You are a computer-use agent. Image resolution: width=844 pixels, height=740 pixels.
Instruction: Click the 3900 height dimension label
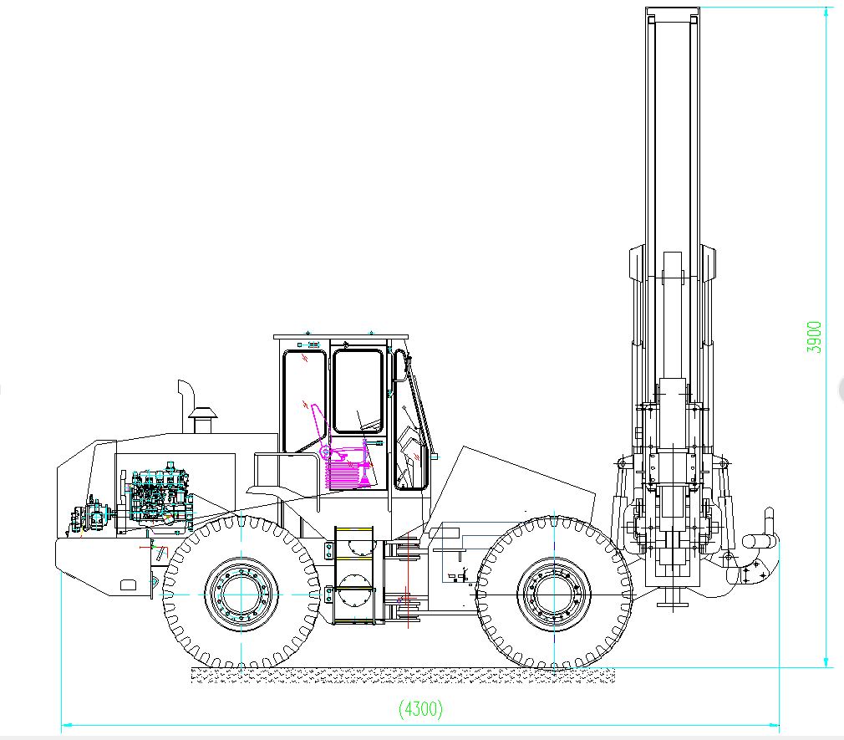[815, 337]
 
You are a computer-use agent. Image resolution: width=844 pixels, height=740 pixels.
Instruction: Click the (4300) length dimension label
[421, 709]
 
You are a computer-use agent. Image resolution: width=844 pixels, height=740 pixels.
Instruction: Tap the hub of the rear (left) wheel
[242, 595]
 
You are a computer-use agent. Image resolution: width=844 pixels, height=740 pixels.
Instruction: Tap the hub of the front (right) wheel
[554, 595]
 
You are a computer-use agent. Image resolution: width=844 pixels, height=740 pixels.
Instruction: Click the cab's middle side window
[358, 391]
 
